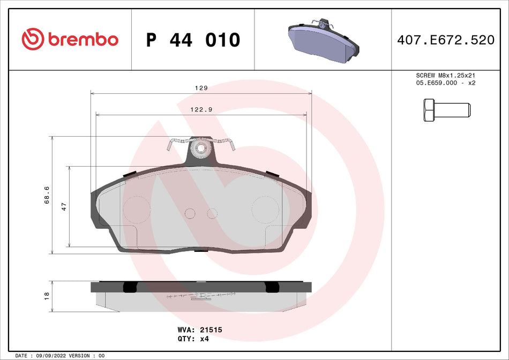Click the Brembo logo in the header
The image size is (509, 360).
70,39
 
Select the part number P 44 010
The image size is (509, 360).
193,40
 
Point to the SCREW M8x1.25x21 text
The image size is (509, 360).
446,76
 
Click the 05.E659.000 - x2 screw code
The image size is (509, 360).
446,84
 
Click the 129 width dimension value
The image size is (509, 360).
201,88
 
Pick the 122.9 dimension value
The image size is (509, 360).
201,109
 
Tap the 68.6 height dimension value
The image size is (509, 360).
47,195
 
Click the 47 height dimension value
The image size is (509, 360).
64,206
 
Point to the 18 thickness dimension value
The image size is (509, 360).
47,294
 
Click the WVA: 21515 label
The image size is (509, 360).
199,331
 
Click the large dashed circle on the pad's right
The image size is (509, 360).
266,210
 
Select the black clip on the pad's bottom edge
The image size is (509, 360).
201,250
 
